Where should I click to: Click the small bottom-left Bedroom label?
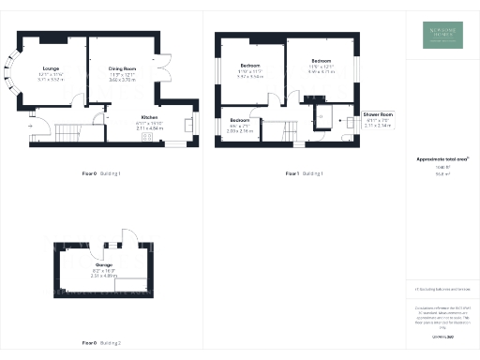(241, 120)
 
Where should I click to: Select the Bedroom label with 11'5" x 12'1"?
(322, 61)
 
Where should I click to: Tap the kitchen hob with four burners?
(147, 137)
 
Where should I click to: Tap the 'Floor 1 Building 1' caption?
(304, 173)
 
